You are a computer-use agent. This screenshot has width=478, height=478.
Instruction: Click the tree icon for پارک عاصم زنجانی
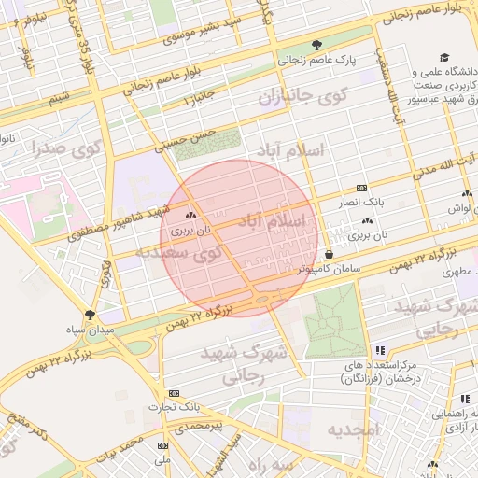(x=316, y=44)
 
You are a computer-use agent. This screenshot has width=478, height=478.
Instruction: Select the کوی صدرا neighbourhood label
(x=64, y=147)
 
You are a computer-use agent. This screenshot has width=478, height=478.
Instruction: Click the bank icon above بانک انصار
(x=361, y=189)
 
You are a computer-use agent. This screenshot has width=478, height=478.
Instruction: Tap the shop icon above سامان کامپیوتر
(x=330, y=254)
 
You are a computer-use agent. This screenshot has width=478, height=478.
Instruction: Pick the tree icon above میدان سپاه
(x=90, y=316)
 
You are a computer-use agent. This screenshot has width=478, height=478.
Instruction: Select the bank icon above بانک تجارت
(x=174, y=394)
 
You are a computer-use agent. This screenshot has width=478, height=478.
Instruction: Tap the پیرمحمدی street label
(x=218, y=424)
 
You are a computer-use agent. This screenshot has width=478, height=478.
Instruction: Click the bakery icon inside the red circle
(x=190, y=214)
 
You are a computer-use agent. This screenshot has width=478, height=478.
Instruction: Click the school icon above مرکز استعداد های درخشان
(x=379, y=350)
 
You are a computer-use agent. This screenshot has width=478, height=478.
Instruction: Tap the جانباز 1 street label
(x=199, y=98)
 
